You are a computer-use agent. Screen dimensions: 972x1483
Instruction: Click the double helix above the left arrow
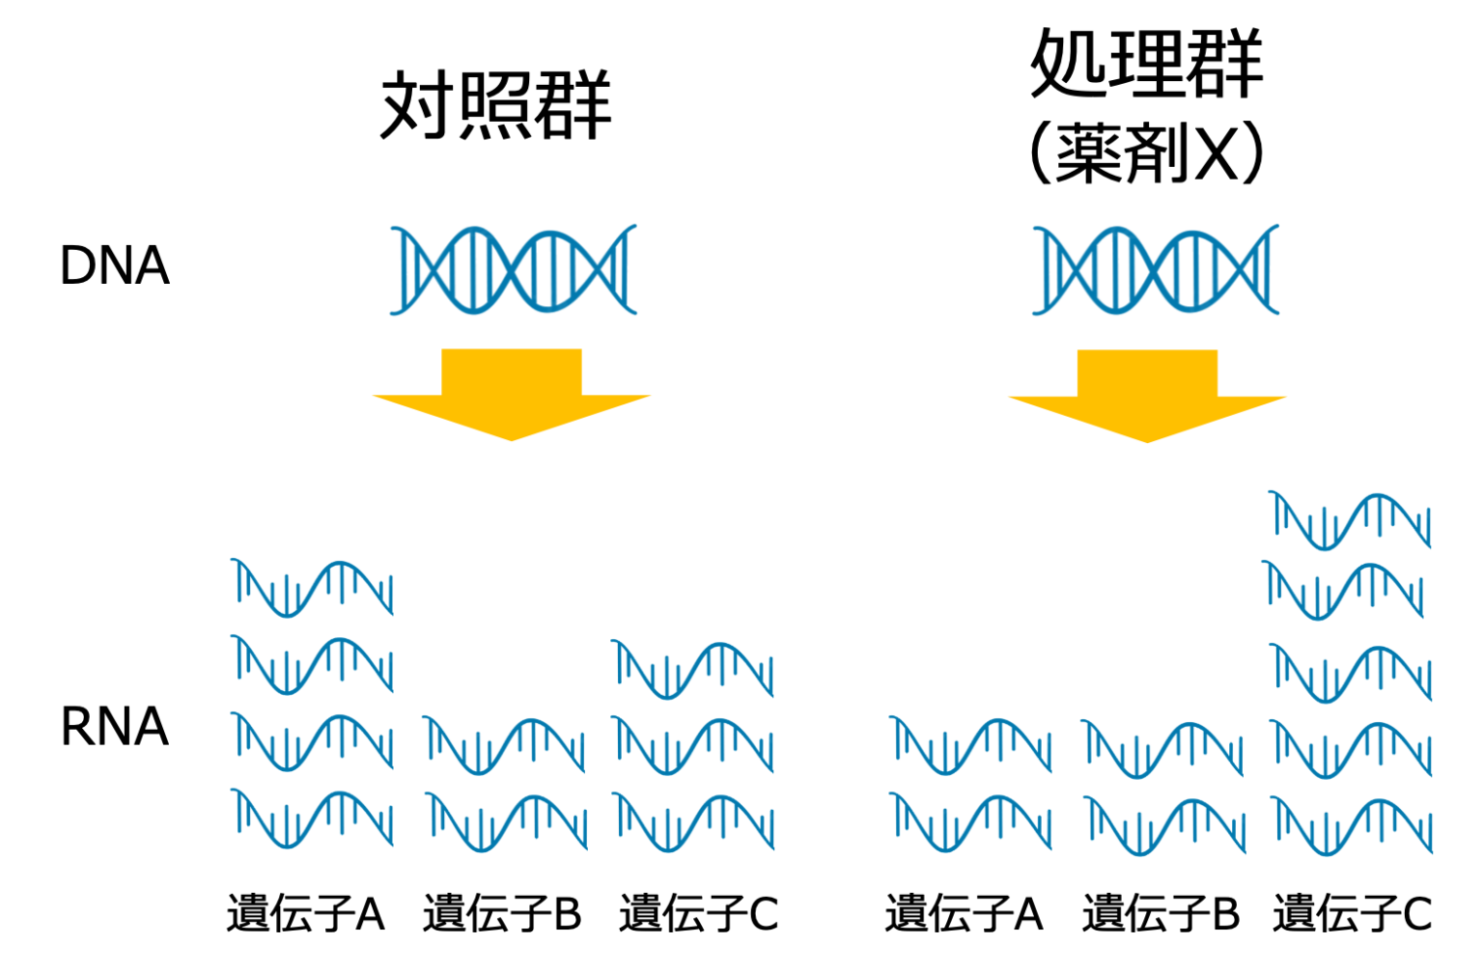tap(514, 269)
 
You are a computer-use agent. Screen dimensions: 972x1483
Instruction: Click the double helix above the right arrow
tap(1155, 269)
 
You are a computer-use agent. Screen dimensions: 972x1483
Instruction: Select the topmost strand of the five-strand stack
tap(1352, 520)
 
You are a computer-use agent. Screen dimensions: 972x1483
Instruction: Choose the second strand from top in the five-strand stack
tap(1344, 590)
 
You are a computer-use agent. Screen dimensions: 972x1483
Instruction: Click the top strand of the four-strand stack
tap(313, 587)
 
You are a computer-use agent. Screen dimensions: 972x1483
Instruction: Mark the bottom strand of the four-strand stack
tap(313, 819)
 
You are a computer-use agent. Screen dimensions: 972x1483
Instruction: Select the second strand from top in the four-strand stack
tap(313, 664)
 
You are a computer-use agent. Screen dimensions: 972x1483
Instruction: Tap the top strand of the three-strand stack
tap(693, 669)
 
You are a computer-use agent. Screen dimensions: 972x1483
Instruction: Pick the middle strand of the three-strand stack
tap(693, 745)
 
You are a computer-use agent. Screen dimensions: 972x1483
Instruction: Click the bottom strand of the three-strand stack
tap(693, 822)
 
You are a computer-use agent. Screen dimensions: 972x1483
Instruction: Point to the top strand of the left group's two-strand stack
tap(504, 745)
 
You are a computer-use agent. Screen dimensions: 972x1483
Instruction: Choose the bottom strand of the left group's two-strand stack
tap(506, 822)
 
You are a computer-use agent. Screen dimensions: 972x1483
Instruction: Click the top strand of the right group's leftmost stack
tap(970, 745)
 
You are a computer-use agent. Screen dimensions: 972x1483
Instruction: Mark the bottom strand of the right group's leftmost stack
tap(970, 822)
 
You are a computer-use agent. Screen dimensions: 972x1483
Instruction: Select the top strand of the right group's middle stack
tap(1162, 748)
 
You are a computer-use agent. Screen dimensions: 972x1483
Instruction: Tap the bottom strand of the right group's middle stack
tap(1164, 826)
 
